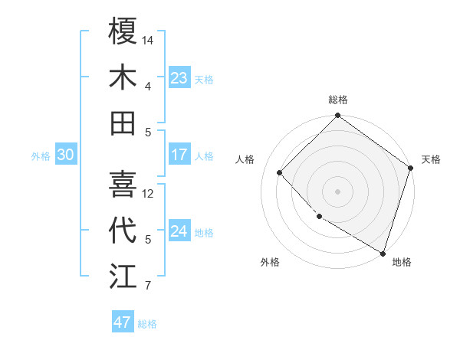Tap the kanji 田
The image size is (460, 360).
tap(123, 123)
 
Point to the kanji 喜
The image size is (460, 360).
tap(123, 185)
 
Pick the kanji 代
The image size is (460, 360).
tap(123, 231)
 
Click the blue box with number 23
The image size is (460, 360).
tap(179, 78)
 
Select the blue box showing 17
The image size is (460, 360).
tap(179, 155)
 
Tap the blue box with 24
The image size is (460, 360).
tap(179, 231)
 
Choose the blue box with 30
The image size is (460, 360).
tap(66, 155)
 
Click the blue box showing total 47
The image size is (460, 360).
tap(123, 322)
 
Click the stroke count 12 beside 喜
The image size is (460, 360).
tap(149, 194)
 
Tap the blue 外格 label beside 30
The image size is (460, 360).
tap(41, 156)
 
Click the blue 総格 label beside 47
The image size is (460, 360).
tap(147, 324)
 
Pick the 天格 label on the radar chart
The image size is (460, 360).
tap(431, 159)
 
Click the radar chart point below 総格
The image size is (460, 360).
tap(337, 116)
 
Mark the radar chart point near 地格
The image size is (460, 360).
tap(383, 252)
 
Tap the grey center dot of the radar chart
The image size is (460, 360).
tap(337, 191)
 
